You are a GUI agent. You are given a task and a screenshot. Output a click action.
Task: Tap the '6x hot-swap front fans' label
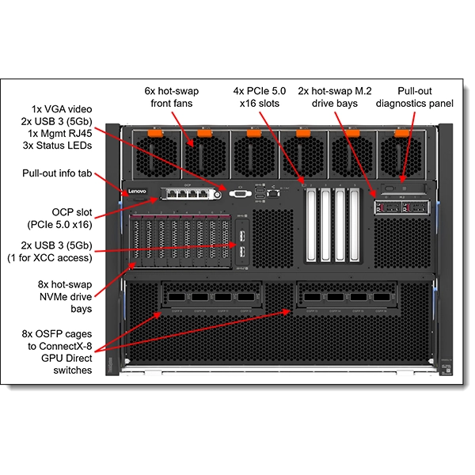[175, 97]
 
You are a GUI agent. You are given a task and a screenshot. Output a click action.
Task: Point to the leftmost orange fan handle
[155, 132]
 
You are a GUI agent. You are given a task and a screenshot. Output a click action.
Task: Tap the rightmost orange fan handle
[401, 132]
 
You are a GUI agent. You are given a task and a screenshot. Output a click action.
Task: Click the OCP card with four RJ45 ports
[188, 193]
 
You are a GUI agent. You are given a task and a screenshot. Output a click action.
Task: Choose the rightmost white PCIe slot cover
[354, 226]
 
